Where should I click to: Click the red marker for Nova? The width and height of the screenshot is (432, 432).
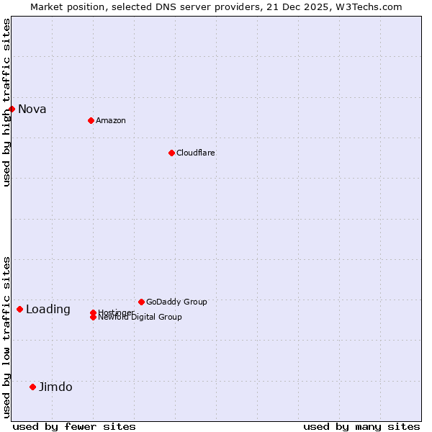(x=12, y=109)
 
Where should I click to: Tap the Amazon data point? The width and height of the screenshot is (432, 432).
(x=91, y=120)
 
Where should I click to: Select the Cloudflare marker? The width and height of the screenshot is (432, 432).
(x=171, y=153)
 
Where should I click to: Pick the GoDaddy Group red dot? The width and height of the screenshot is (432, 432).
(x=141, y=302)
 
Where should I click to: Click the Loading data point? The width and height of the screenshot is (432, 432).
(x=19, y=309)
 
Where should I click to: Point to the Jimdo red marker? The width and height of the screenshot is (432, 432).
(x=32, y=387)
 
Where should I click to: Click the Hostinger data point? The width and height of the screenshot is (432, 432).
(x=93, y=312)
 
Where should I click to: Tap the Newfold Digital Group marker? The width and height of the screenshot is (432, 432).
(x=93, y=318)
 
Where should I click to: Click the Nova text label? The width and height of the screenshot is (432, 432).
(x=32, y=109)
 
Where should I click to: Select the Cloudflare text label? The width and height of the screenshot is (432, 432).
(x=195, y=153)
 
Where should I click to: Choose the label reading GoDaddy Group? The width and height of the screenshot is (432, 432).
(x=176, y=302)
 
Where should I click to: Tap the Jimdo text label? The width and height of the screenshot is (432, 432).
(x=55, y=387)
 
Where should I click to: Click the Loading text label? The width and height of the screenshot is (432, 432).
(x=48, y=309)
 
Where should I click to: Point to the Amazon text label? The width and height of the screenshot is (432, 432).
(x=110, y=120)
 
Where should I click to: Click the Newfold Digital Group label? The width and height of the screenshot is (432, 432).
(x=140, y=318)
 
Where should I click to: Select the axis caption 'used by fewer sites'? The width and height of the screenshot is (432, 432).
(x=74, y=426)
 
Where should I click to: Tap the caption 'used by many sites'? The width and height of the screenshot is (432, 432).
(x=361, y=426)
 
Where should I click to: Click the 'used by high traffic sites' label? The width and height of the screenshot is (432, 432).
(x=6, y=102)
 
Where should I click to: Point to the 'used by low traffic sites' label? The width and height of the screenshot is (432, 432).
(x=6, y=336)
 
